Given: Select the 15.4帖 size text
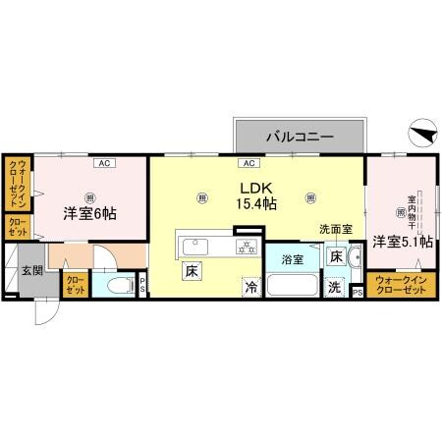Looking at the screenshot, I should click(x=256, y=204).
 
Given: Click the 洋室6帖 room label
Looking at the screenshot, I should click(x=90, y=212).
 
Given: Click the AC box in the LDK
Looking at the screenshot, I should click(x=249, y=162).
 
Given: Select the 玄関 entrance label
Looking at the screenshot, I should click(x=30, y=270).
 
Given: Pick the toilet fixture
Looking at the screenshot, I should click(x=119, y=287).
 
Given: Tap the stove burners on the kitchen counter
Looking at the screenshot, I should click(x=245, y=246).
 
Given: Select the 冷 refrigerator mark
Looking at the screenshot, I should click(x=252, y=288).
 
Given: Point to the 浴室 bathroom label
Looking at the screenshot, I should click(x=293, y=260).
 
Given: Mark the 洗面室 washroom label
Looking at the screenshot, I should click(x=333, y=230).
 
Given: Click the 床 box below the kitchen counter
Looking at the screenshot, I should click(x=189, y=268).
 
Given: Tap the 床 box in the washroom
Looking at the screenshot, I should click(x=336, y=257).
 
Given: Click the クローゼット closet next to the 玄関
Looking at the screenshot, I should click(x=76, y=286).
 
